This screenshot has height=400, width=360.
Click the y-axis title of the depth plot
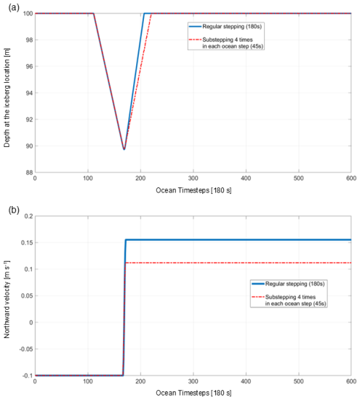coord(6,92)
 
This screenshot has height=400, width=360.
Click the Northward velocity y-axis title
coord(6,295)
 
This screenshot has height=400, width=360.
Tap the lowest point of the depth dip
coord(124,149)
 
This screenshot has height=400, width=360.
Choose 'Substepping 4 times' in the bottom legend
coord(292,298)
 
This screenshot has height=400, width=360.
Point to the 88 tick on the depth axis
coord(27,173)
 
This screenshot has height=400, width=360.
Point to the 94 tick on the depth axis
coord(27,93)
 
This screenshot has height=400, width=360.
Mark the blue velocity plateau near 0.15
coord(238,240)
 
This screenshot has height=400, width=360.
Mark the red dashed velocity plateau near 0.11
coord(238,263)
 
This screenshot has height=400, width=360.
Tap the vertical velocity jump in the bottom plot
coord(124,310)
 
